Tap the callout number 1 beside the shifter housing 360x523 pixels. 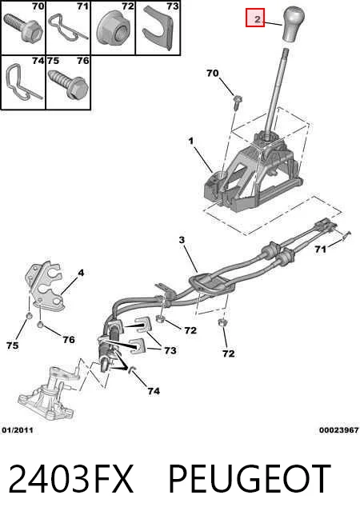click(191, 142)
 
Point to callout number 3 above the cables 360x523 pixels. click(182, 240)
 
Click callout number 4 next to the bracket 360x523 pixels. click(81, 273)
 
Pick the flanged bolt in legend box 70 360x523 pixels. click(23, 26)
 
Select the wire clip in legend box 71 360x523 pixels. click(68, 28)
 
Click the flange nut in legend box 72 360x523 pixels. click(114, 29)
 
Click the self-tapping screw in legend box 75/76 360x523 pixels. click(69, 83)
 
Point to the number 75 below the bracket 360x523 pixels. click(12, 345)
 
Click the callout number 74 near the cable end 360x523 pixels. click(154, 391)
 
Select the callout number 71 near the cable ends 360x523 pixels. click(320, 250)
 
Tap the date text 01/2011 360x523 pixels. click(18, 430)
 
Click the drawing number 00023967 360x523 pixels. click(338, 430)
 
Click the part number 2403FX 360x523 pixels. click(70, 479)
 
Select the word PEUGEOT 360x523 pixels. click(250, 479)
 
